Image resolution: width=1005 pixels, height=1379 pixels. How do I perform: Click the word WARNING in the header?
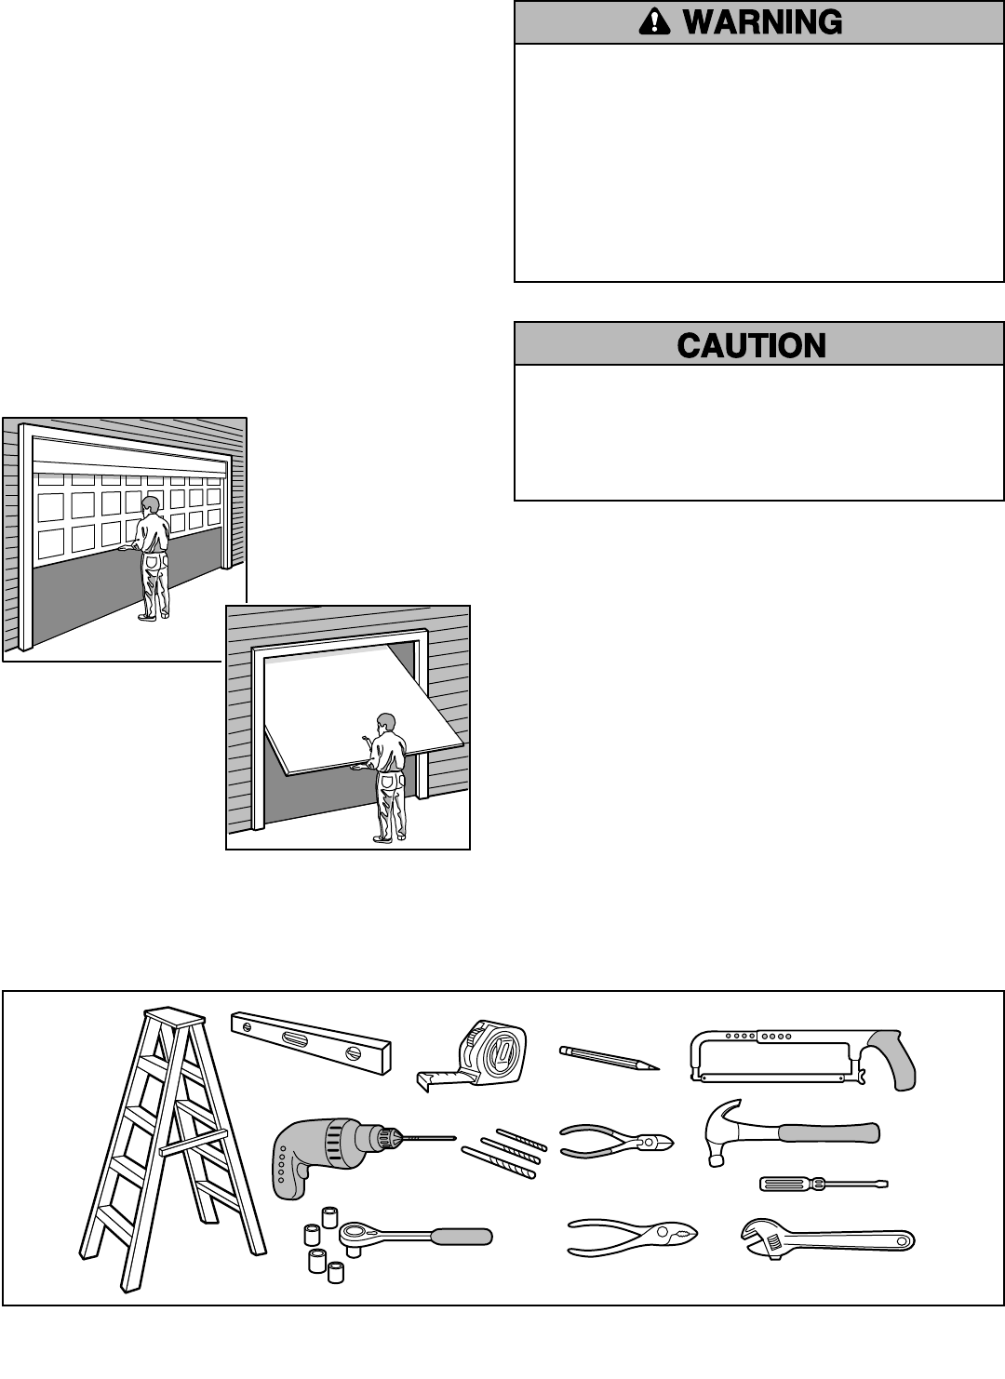click(x=762, y=22)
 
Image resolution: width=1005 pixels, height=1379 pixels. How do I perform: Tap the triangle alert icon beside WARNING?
click(x=655, y=22)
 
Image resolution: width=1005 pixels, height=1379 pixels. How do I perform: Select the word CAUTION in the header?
click(x=752, y=346)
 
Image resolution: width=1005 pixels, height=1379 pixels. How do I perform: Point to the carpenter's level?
click(x=311, y=1042)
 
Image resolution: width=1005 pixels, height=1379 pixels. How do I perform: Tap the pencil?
click(x=609, y=1059)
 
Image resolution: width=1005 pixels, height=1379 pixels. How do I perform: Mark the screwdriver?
click(x=823, y=1184)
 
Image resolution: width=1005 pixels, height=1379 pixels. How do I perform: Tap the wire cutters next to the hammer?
click(x=618, y=1141)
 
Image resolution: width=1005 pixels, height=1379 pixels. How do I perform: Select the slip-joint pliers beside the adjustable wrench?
click(x=633, y=1238)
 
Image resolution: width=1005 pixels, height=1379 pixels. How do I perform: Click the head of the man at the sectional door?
click(x=149, y=506)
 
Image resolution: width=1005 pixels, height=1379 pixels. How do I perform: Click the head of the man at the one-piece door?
click(x=385, y=723)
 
